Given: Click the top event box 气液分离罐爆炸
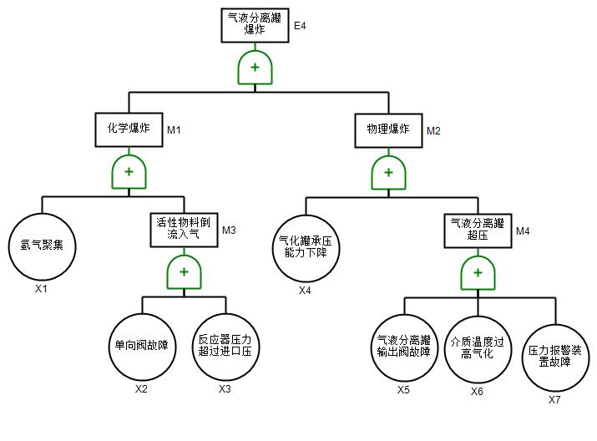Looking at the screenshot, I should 255,24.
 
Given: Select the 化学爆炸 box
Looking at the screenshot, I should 129,129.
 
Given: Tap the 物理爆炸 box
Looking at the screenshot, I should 388,129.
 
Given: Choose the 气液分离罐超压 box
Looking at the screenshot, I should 477,230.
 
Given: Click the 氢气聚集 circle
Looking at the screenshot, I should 42,246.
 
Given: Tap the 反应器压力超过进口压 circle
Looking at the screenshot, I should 225,347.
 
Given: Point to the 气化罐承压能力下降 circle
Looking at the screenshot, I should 306,246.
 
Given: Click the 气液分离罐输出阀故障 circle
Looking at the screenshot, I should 404,347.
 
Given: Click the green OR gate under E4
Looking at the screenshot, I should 255,68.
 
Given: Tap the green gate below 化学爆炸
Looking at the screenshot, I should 129,171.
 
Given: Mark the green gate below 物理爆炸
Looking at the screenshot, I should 388,173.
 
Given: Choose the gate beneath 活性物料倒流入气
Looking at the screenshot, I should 184,271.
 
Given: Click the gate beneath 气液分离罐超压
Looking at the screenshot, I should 477,272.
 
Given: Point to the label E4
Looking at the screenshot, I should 301,26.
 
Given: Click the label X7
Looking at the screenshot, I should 554,400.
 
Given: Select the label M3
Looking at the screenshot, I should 230,231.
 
